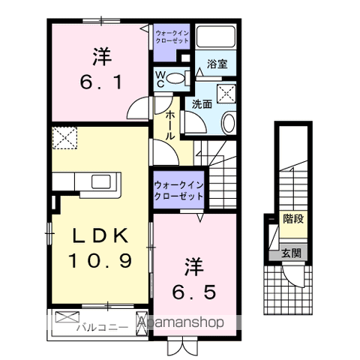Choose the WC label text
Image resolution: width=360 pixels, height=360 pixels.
pyautogui.click(x=160, y=77)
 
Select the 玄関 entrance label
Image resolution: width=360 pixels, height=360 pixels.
pyautogui.click(x=292, y=253)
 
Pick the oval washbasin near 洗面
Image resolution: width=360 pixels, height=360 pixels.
pyautogui.click(x=229, y=122)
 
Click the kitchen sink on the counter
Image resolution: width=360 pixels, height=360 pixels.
pyautogui.click(x=101, y=181)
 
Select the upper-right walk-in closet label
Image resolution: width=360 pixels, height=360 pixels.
pyautogui.click(x=172, y=37)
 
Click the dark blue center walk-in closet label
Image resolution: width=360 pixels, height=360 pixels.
pyautogui.click(x=179, y=190)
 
